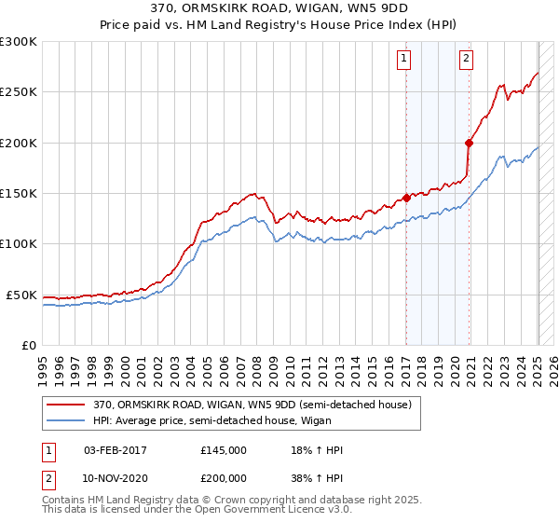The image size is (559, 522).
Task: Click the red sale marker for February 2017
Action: (406, 198)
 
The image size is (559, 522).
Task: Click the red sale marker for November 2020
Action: (469, 143)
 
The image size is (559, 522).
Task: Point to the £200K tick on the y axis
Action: (19, 144)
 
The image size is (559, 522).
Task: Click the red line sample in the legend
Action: (66, 405)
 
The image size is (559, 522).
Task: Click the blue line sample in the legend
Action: (66, 420)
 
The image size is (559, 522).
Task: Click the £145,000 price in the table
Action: (224, 450)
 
